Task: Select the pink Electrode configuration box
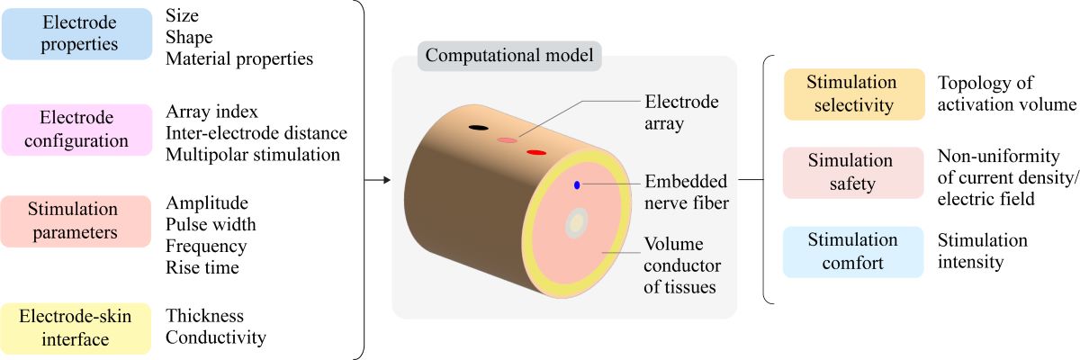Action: coord(76,130)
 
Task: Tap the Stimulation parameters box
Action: coord(76,220)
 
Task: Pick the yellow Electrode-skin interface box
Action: coord(76,328)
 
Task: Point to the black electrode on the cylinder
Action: coord(478,128)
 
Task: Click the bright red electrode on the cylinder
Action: coord(536,153)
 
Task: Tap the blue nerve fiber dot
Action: coord(577,185)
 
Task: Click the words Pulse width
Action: coord(211,224)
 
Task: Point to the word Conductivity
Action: coord(216,338)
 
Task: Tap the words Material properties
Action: coord(239,59)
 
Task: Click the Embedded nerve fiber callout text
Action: coord(687,193)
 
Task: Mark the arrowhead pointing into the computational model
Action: coord(386,181)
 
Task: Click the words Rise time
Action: coord(202,267)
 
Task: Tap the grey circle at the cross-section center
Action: coord(576,224)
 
